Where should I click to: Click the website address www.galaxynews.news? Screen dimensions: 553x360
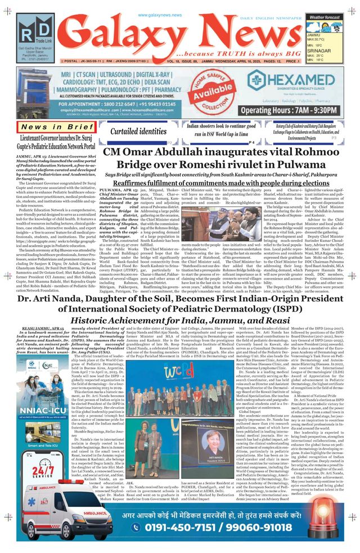coord(160,15)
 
